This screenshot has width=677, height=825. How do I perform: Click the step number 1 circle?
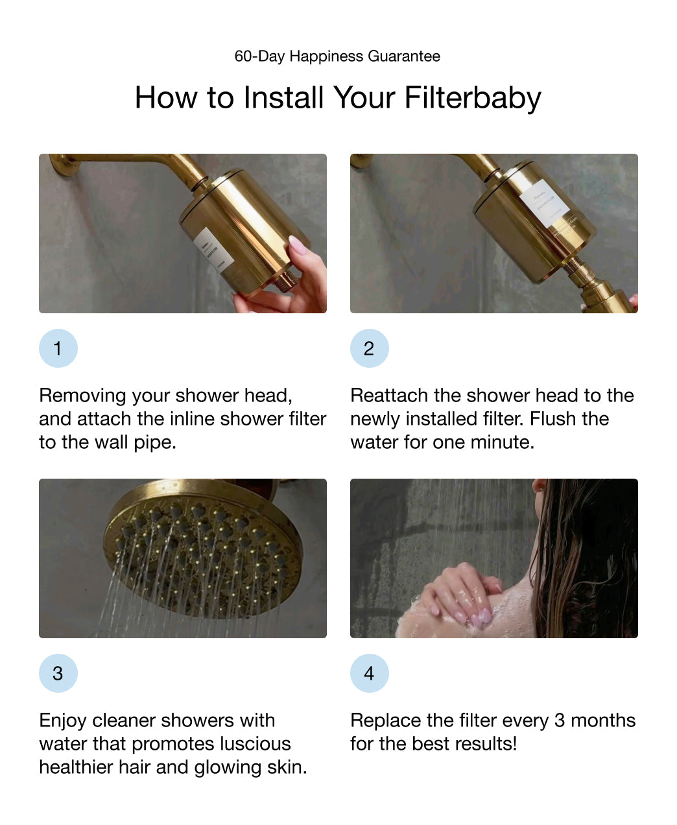pyautogui.click(x=58, y=348)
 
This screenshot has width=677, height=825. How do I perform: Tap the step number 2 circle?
pyautogui.click(x=369, y=348)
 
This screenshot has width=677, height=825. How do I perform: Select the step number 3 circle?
pyautogui.click(x=58, y=673)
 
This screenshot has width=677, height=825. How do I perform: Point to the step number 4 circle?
pyautogui.click(x=369, y=673)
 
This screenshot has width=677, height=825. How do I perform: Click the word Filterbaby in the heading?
pyautogui.click(x=472, y=98)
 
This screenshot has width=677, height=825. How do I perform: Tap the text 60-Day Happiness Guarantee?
pyautogui.click(x=337, y=56)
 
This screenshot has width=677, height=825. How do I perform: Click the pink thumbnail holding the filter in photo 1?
pyautogui.click(x=297, y=246)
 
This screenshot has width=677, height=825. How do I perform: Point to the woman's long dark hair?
pyautogui.click(x=584, y=558)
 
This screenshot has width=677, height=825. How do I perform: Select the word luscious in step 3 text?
pyautogui.click(x=255, y=744)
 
